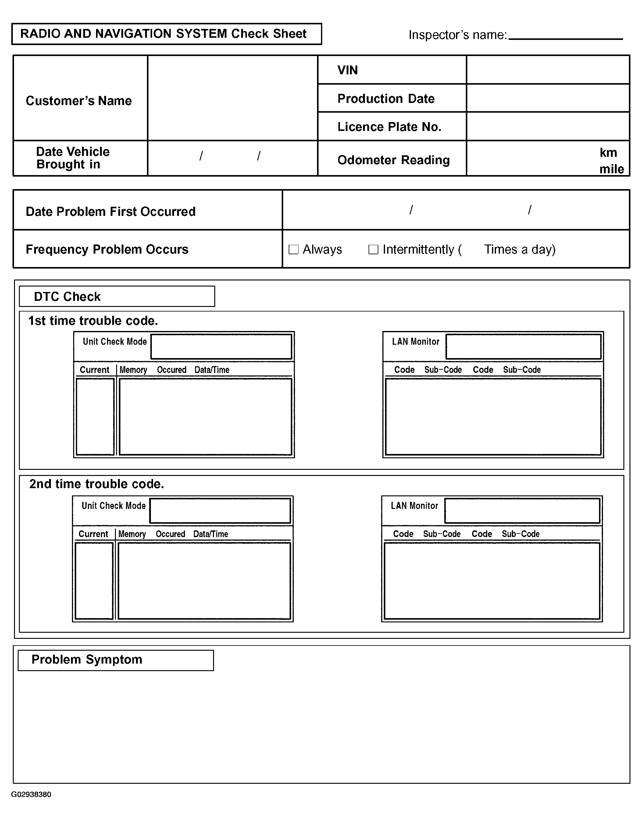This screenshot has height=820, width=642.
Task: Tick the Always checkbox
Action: tap(293, 249)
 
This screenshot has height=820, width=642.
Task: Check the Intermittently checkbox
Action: tap(373, 249)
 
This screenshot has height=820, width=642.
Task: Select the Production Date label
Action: tap(386, 99)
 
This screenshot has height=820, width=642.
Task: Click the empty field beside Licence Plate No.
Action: tap(548, 127)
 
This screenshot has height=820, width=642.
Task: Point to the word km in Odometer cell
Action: tap(608, 153)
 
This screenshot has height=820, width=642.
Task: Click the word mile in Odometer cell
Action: tap(612, 169)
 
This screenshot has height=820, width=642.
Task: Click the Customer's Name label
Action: tap(79, 100)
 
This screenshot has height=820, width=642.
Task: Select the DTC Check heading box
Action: tap(117, 297)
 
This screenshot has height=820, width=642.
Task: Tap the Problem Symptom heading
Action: tap(87, 660)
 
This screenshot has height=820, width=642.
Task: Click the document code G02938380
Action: tap(31, 794)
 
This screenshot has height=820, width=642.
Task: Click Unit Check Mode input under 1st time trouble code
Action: tap(221, 347)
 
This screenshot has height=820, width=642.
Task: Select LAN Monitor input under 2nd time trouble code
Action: tap(522, 511)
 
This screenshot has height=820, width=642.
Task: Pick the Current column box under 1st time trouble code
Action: tap(95, 417)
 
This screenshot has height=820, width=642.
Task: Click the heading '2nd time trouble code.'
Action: tap(97, 484)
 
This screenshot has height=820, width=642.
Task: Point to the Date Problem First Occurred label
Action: tap(111, 212)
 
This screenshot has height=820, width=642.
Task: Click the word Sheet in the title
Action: tap(290, 34)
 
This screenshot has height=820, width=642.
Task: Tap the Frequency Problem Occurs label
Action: tap(107, 249)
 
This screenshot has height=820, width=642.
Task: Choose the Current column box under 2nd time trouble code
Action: tap(94, 581)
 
